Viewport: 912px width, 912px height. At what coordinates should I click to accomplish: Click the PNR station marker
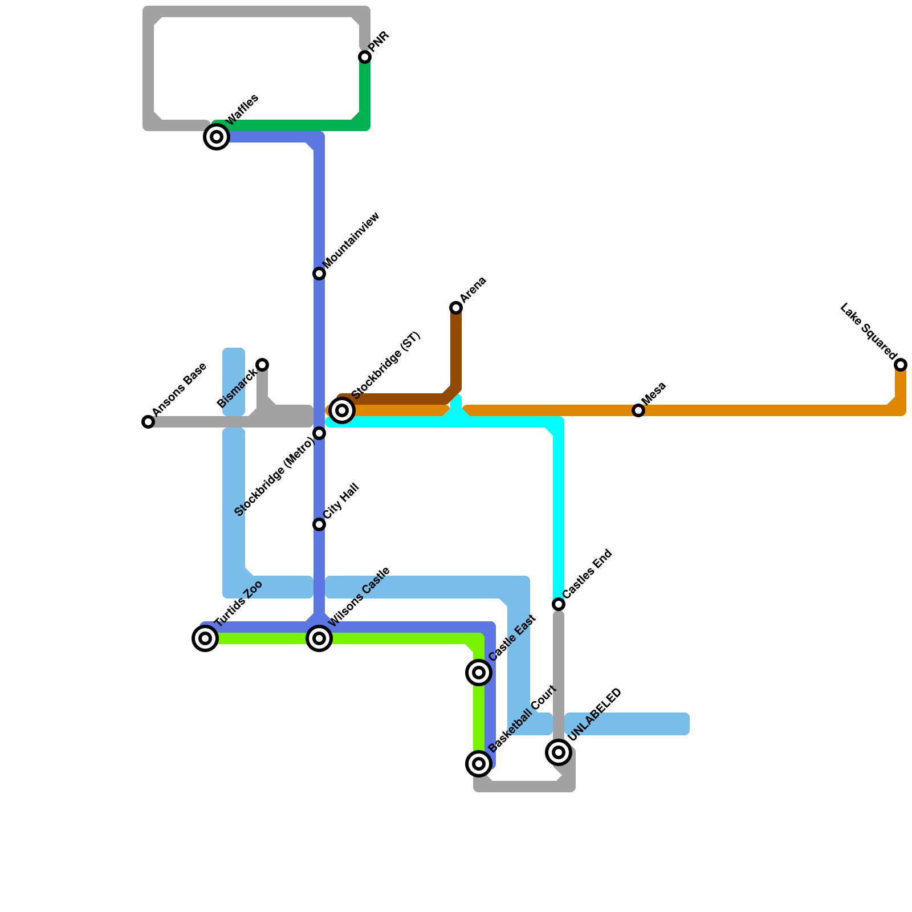[x=365, y=57]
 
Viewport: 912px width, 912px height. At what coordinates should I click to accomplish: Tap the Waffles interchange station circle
[x=217, y=137]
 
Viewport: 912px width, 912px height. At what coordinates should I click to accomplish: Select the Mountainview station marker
[x=319, y=274]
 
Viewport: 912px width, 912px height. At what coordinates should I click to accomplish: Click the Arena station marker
[x=456, y=308]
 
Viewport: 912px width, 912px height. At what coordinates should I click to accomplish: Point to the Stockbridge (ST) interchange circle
[x=342, y=410]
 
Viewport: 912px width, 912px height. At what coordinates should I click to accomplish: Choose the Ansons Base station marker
[x=148, y=422]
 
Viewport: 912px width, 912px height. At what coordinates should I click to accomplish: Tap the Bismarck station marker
[x=262, y=365]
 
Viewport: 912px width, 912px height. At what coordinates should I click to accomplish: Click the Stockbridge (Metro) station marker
[x=319, y=434]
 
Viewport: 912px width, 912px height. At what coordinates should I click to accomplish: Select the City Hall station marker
[x=319, y=524]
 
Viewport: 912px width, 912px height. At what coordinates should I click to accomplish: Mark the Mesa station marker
[x=638, y=410]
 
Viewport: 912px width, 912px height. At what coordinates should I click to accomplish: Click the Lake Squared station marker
[x=901, y=365]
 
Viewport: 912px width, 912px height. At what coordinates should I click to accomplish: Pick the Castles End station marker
[x=559, y=604]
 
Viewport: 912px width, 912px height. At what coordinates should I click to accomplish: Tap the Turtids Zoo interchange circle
[x=205, y=638]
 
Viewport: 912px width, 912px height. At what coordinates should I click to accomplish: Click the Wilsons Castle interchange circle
[x=319, y=638]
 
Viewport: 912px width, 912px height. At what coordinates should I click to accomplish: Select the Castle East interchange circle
[x=479, y=673]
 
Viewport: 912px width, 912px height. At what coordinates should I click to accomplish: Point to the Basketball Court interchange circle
[x=479, y=764]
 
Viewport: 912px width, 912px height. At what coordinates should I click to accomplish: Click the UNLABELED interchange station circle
[x=559, y=752]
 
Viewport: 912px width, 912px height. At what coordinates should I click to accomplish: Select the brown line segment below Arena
[x=456, y=348]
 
